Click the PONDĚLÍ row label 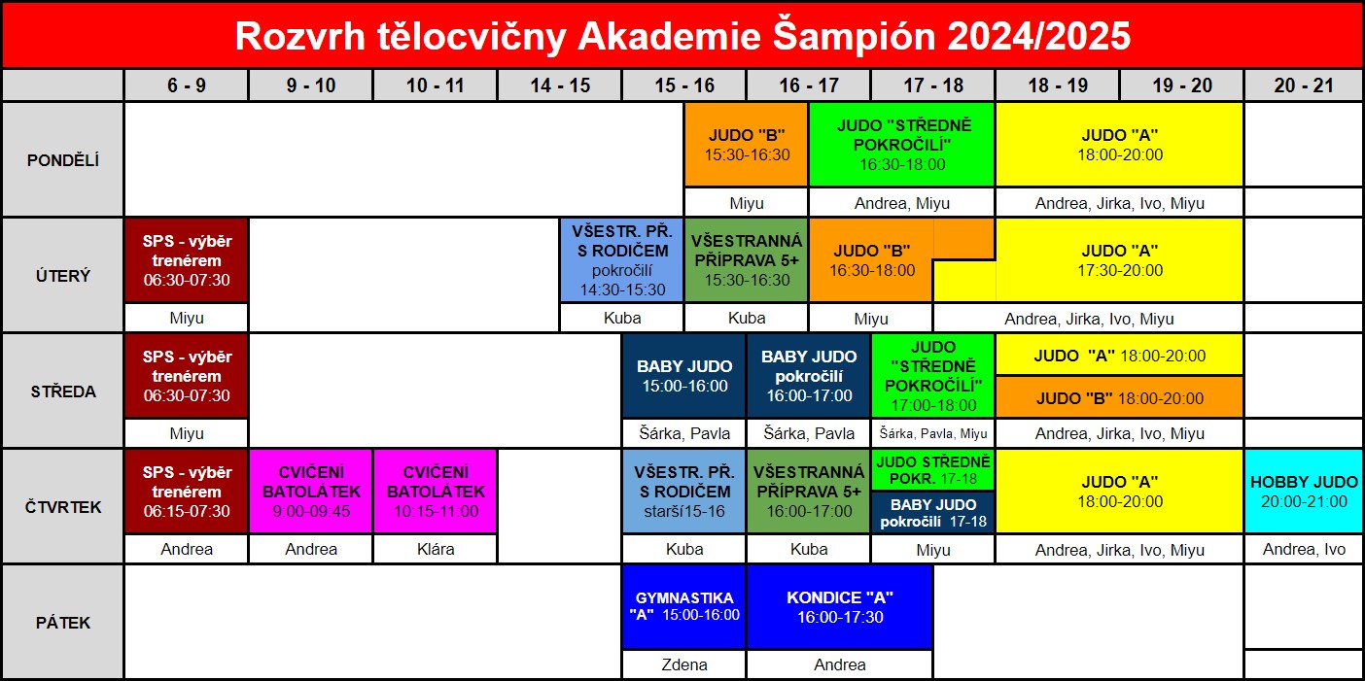[63, 160]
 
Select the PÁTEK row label [63, 623]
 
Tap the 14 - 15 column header [559, 85]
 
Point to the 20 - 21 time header [1304, 85]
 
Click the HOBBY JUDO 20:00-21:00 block [1304, 492]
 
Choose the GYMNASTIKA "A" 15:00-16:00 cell [684, 607]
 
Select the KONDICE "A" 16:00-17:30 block [840, 607]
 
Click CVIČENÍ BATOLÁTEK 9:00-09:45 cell [311, 492]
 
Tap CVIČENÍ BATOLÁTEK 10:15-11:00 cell [436, 492]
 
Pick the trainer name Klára [436, 550]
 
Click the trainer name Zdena [684, 664]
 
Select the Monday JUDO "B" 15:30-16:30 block [747, 145]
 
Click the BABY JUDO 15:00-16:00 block [684, 376]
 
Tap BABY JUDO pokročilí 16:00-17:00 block [809, 376]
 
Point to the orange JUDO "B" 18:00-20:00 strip [1119, 397]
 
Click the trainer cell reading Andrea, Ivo [1304, 550]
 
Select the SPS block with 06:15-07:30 [187, 492]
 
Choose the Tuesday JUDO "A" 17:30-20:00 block [1119, 260]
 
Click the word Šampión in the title [854, 37]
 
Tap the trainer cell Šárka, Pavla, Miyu [933, 433]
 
